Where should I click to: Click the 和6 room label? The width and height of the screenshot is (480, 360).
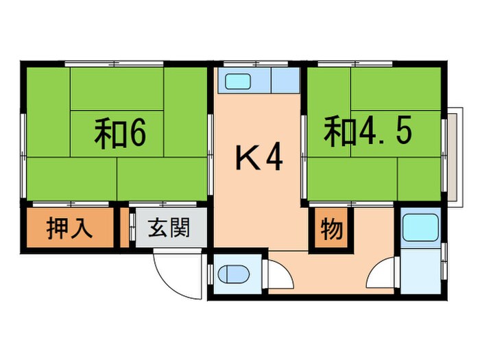120,134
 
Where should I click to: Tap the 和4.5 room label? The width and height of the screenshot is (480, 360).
368,131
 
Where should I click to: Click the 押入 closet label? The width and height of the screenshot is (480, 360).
69,228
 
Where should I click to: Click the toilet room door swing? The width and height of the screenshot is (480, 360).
280,274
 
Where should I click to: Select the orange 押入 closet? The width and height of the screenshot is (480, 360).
69,229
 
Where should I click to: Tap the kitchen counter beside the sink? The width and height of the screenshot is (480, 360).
284,81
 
